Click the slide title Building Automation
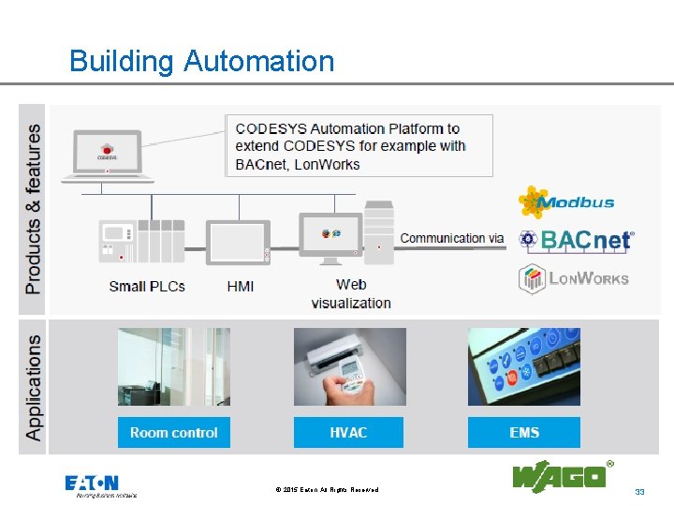click(201, 62)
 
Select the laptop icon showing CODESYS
click(106, 156)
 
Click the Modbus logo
click(567, 201)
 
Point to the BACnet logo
click(577, 240)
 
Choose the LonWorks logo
click(574, 278)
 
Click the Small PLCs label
click(147, 286)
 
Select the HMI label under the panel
click(241, 286)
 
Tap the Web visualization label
click(351, 293)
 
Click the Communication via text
click(451, 238)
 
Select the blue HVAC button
click(348, 432)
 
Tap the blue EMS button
click(524, 432)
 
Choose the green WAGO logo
click(559, 476)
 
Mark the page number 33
click(640, 492)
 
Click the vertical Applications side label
click(34, 388)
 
